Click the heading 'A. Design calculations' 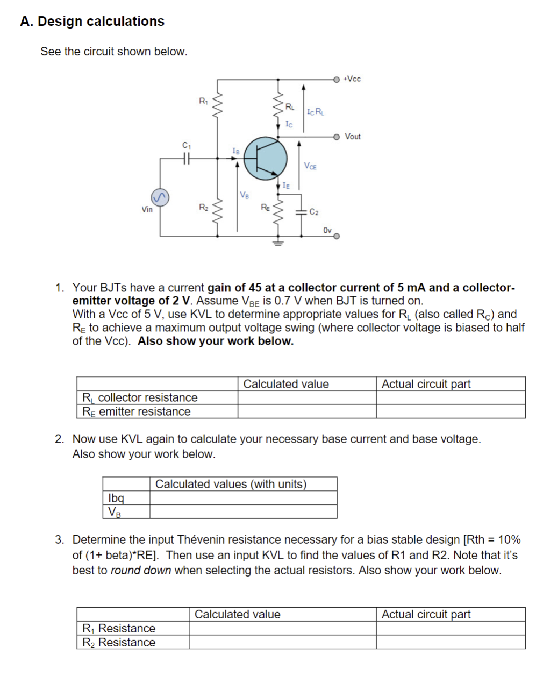[x=92, y=22]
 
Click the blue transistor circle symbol [x=265, y=158]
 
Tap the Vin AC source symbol [x=160, y=197]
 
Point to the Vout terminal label [x=353, y=137]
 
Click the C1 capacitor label [x=187, y=145]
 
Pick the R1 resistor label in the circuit [x=203, y=101]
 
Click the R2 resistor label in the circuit [x=203, y=207]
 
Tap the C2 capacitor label [x=314, y=212]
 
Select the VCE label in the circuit [x=310, y=166]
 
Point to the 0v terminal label [x=327, y=230]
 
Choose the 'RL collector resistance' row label [x=140, y=397]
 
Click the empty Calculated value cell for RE [x=306, y=411]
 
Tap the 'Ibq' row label [x=116, y=497]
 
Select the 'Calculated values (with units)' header [x=231, y=484]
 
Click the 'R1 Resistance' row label [x=119, y=628]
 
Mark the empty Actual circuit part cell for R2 [x=450, y=642]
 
